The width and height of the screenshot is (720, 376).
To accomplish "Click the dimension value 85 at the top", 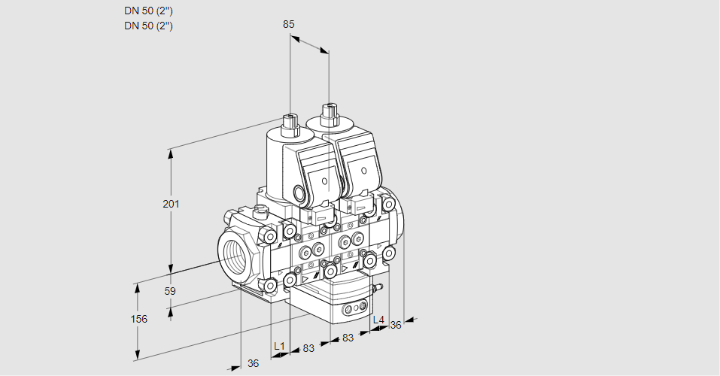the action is pyautogui.click(x=288, y=24).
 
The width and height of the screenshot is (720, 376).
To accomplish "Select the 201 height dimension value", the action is pyautogui.click(x=171, y=204).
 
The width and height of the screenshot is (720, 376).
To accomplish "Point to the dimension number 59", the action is pyautogui.click(x=170, y=291).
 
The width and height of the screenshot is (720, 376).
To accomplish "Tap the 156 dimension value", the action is pyautogui.click(x=139, y=319).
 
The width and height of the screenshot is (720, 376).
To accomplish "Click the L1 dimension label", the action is pyautogui.click(x=279, y=346).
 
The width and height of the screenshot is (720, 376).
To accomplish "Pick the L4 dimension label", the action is pyautogui.click(x=378, y=320).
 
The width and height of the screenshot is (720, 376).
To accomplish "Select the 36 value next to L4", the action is pyautogui.click(x=395, y=325).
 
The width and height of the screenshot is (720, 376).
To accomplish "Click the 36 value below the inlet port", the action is pyautogui.click(x=253, y=363).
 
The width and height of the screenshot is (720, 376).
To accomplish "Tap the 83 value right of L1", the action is pyautogui.click(x=308, y=348).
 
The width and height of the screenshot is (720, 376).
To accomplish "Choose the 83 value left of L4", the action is pyautogui.click(x=348, y=338).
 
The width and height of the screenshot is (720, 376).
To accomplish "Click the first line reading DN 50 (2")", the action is pyautogui.click(x=148, y=11).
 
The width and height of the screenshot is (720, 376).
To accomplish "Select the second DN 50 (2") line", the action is pyautogui.click(x=148, y=26).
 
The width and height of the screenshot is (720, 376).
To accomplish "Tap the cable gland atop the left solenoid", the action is pyautogui.click(x=290, y=125).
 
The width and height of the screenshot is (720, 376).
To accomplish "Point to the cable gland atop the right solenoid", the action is pyautogui.click(x=329, y=115).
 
